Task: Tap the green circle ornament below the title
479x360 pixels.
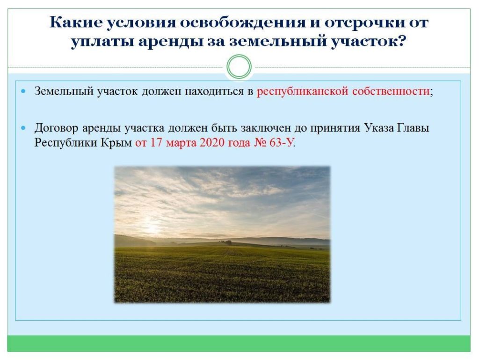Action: point(239,67)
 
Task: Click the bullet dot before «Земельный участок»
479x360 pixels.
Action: point(24,91)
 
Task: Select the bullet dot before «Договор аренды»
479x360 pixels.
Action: point(24,127)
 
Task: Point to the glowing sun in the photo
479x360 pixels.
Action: point(152,228)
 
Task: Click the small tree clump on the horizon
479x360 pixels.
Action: point(228,242)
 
